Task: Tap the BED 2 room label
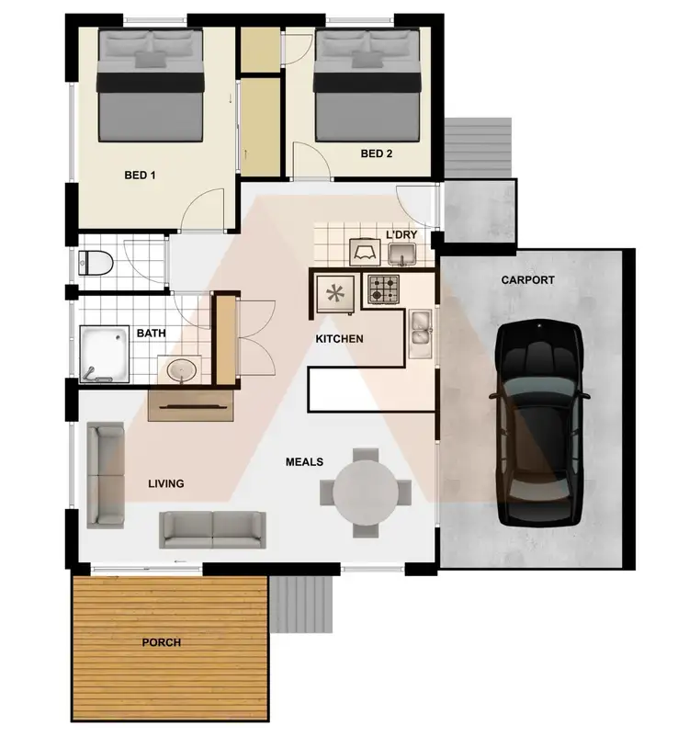[377, 154]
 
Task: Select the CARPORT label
[527, 280]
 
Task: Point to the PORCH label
[162, 642]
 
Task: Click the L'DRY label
[401, 235]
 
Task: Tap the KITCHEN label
[339, 339]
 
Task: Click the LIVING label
[166, 483]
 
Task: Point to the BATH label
[151, 334]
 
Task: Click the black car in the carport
[540, 423]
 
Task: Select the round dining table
[366, 490]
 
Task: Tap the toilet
[96, 264]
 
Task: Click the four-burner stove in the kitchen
[384, 290]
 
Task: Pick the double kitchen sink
[422, 334]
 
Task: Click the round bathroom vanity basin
[182, 370]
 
